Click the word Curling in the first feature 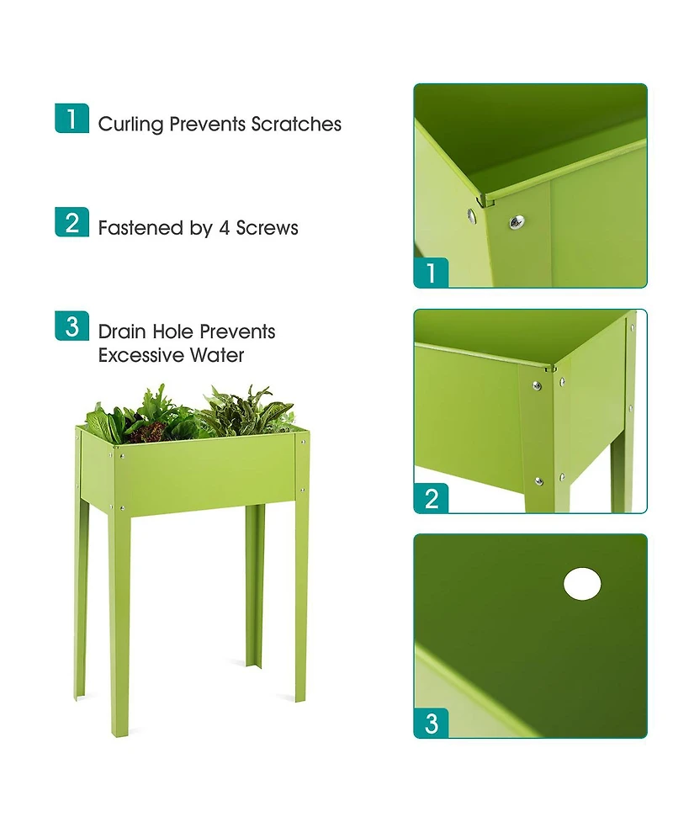(130, 125)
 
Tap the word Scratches (296, 125)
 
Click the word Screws (267, 228)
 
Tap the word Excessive (140, 355)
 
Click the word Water (217, 355)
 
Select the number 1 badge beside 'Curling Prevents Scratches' (72, 118)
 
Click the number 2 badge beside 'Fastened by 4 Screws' (72, 222)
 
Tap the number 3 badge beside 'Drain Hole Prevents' (72, 326)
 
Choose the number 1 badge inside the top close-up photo (432, 273)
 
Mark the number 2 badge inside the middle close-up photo (432, 498)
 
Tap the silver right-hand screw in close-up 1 (515, 221)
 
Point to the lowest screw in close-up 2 (538, 481)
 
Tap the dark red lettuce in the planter (151, 433)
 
